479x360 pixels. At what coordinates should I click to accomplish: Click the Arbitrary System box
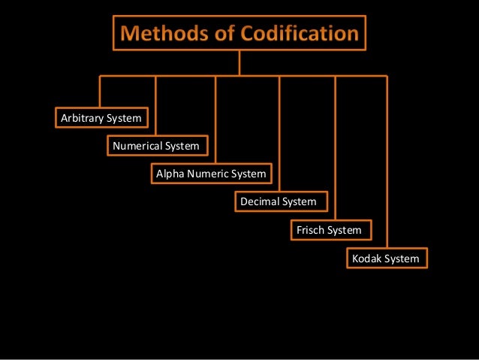[101, 118]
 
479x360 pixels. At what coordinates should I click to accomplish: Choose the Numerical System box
[156, 145]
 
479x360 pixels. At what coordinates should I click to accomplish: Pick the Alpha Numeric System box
[211, 174]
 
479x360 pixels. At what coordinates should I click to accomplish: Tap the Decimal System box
[279, 201]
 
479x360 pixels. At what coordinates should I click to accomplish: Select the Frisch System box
[329, 230]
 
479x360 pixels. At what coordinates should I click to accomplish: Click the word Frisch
[312, 230]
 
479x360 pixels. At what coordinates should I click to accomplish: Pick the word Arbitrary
[83, 118]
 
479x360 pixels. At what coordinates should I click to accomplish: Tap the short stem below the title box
[239, 62]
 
